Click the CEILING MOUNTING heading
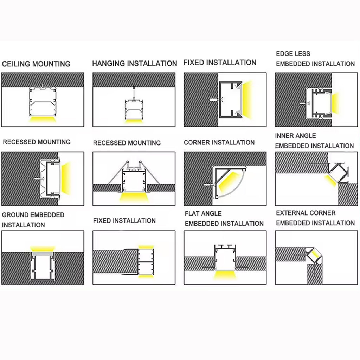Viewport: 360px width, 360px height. click(36, 64)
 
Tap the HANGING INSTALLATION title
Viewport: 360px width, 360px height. click(135, 63)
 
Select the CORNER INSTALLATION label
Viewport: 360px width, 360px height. click(219, 142)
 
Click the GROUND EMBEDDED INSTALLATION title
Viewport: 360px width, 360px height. click(33, 220)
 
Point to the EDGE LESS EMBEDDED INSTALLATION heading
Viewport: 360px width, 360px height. click(315, 59)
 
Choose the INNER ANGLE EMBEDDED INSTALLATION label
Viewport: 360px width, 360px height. click(314, 141)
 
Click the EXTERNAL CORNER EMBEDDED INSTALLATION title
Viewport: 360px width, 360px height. click(315, 218)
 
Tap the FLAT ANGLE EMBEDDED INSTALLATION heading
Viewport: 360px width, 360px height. click(224, 218)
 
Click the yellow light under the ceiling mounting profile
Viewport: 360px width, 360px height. click(43, 120)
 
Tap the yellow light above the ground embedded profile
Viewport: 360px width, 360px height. click(43, 249)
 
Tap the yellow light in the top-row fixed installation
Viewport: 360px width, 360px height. click(247, 99)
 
